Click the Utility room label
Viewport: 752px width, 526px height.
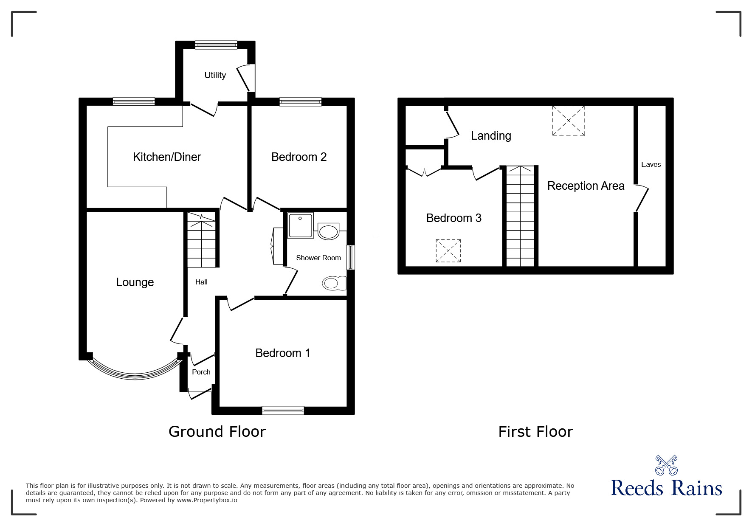[x=215, y=75]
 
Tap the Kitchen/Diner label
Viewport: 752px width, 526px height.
[x=167, y=157]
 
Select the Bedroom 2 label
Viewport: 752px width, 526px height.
[x=299, y=157]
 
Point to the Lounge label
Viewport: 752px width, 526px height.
[x=135, y=282]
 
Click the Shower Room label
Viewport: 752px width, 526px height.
[x=318, y=258]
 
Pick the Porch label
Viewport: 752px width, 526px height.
[x=201, y=372]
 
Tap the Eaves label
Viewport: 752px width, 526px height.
[x=651, y=164]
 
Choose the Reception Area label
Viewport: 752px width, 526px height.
[x=586, y=186]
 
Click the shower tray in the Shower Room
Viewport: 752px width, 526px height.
[x=301, y=225]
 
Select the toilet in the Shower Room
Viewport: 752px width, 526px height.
[x=334, y=283]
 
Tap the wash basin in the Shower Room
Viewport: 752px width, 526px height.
[x=328, y=231]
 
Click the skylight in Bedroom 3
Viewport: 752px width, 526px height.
[x=448, y=251]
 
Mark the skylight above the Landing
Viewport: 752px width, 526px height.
[x=568, y=121]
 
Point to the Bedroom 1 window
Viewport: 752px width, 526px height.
[x=283, y=410]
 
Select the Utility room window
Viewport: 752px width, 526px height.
[x=216, y=45]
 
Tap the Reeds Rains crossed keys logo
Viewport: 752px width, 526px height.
[x=666, y=465]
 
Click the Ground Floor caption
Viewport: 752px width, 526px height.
[x=217, y=432]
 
